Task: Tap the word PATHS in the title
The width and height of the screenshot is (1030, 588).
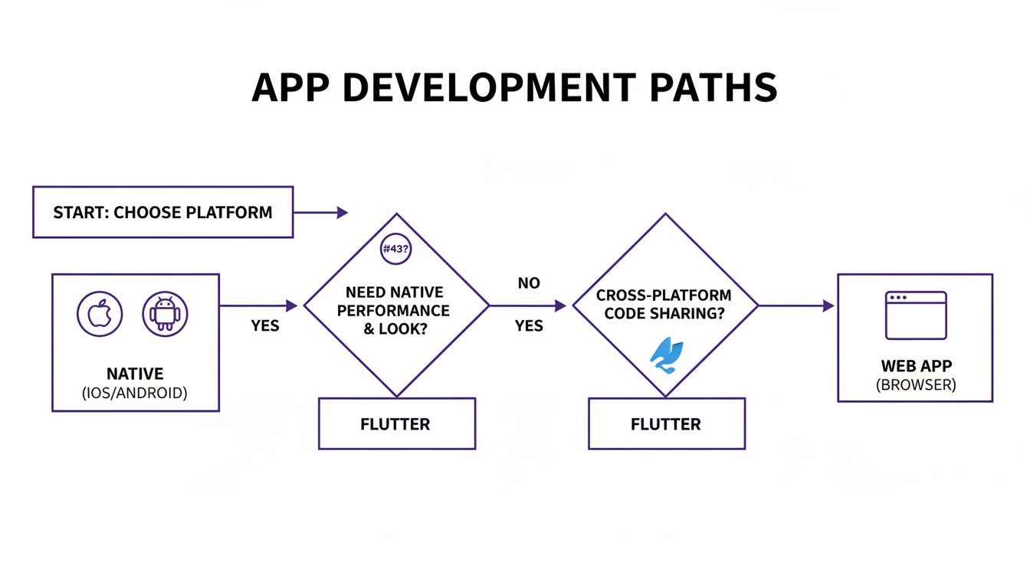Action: click(x=713, y=88)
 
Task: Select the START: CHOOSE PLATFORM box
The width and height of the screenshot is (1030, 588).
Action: click(x=162, y=212)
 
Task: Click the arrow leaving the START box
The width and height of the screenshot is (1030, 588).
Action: click(x=320, y=213)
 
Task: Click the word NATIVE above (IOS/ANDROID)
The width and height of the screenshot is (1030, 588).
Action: click(x=135, y=374)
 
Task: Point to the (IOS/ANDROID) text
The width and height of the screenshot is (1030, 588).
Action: click(x=135, y=394)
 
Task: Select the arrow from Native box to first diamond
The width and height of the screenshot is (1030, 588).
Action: click(x=259, y=305)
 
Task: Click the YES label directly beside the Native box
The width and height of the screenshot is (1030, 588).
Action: click(x=265, y=326)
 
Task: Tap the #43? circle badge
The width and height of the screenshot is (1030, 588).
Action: click(x=396, y=250)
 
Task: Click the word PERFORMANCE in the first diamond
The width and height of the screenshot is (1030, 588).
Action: click(x=393, y=311)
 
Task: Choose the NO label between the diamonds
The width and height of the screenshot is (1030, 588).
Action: click(x=529, y=283)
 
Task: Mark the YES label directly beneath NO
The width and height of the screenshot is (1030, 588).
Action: click(x=529, y=326)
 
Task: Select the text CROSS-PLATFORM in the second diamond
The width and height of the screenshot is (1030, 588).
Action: click(x=664, y=295)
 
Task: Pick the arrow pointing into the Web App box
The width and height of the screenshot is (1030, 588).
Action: click(x=797, y=305)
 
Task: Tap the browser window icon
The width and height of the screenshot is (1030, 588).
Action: click(x=916, y=315)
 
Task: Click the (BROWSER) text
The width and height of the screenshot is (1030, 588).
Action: click(x=916, y=385)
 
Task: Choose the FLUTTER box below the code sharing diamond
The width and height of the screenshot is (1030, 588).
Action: click(x=666, y=423)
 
